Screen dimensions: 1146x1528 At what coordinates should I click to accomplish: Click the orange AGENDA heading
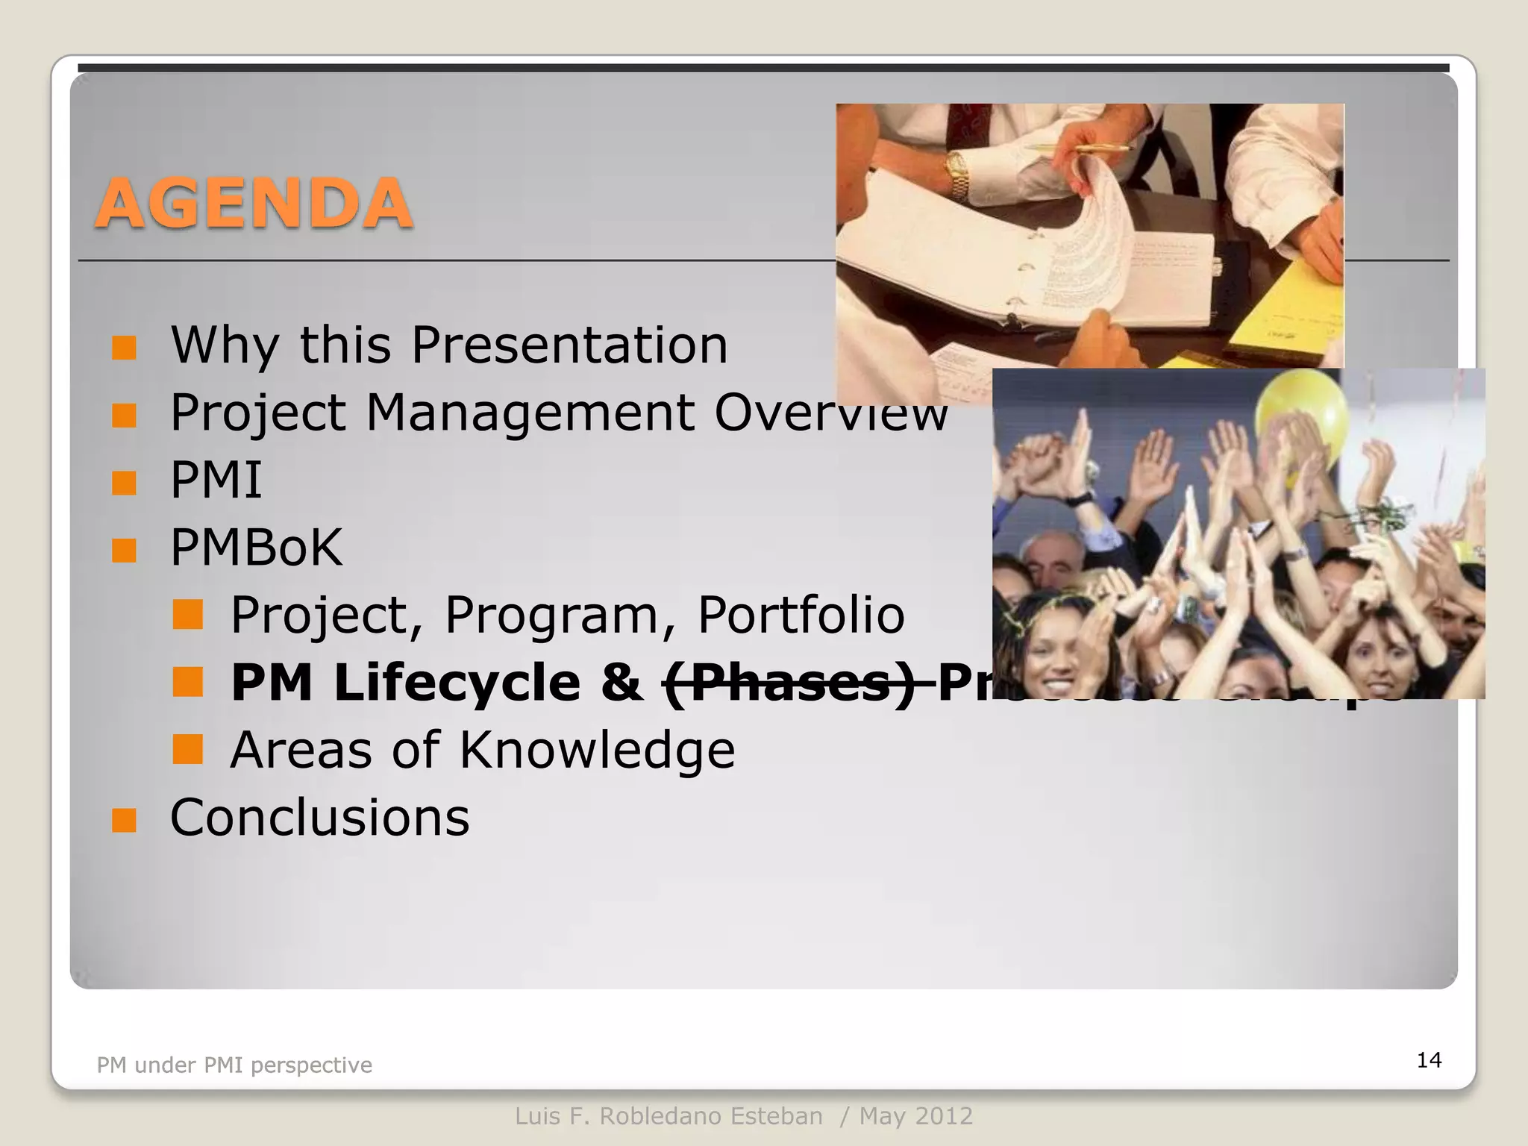(254, 204)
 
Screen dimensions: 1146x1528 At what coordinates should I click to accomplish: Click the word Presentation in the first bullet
(569, 345)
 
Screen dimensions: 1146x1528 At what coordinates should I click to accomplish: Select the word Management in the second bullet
(530, 412)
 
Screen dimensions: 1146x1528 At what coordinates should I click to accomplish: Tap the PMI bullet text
(216, 480)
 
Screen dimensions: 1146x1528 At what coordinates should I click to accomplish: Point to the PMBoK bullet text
(256, 548)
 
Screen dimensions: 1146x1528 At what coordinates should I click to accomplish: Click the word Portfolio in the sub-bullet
(801, 615)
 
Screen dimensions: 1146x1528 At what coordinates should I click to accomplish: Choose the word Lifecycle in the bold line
(457, 683)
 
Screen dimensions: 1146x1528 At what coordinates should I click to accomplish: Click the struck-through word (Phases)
(791, 683)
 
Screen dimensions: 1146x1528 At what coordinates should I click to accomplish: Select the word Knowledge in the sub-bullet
(597, 750)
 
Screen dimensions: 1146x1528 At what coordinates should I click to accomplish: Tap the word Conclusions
(320, 818)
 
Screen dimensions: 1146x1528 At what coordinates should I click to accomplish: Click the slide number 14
(1429, 1060)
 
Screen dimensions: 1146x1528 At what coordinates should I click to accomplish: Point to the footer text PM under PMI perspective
(234, 1065)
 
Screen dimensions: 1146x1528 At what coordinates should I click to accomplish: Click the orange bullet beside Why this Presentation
(124, 348)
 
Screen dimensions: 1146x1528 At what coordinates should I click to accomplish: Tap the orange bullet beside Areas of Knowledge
(187, 749)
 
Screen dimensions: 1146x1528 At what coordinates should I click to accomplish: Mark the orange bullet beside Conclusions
(124, 821)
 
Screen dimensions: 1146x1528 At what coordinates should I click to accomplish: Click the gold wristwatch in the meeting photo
(957, 175)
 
